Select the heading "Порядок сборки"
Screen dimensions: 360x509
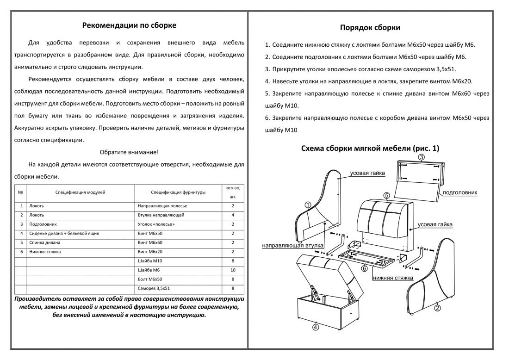pyautogui.click(x=370, y=27)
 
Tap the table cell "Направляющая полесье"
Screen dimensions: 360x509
pyautogui.click(x=162, y=206)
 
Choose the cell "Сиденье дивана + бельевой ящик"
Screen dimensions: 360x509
pyautogui.click(x=64, y=234)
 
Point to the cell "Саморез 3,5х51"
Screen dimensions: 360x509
pyautogui.click(x=155, y=289)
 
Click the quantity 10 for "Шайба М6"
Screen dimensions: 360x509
pyautogui.click(x=233, y=270)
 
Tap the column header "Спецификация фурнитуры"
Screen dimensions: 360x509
pyautogui.click(x=178, y=192)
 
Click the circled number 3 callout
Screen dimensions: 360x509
pyautogui.click(x=421, y=157)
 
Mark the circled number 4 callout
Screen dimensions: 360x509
pyautogui.click(x=315, y=327)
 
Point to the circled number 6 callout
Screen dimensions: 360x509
pyautogui.click(x=364, y=268)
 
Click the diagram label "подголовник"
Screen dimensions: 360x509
pyautogui.click(x=460, y=192)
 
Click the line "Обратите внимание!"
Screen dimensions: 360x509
pyautogui.click(x=129, y=152)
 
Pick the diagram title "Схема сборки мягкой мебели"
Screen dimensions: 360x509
pyautogui.click(x=370, y=149)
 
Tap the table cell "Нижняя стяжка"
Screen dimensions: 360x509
pyautogui.click(x=45, y=252)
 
